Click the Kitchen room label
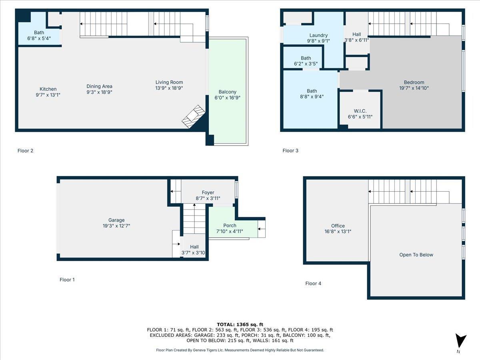48,89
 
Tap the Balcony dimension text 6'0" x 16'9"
227,98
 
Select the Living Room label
169,82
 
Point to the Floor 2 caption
25,151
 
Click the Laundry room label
318,35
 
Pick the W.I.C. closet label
360,111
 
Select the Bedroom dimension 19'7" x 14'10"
414,88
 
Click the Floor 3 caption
290,151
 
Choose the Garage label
116,220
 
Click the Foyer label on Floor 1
208,192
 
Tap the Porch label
230,226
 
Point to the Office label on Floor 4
338,226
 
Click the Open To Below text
416,255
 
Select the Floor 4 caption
313,284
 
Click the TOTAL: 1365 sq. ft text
240,324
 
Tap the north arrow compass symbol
461,341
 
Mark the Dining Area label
100,86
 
